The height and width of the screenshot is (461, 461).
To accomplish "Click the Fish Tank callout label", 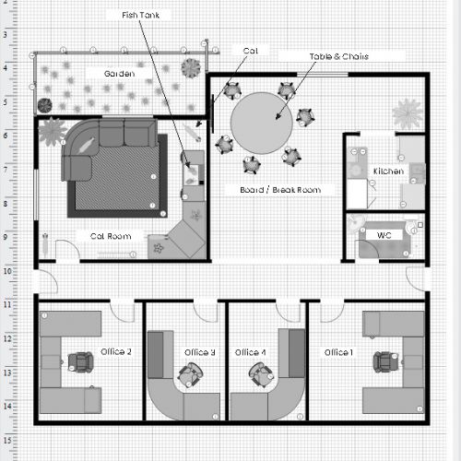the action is pos(140,15).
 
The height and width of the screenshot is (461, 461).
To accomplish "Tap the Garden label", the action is pos(119,74).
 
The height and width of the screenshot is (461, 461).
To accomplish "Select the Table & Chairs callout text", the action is pos(339,56).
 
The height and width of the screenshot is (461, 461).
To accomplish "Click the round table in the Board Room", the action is pos(262,123).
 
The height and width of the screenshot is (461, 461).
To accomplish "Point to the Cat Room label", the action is pos(111,236).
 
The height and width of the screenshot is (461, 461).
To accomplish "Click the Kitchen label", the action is pos(388,171).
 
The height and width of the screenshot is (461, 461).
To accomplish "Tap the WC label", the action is pos(384,235).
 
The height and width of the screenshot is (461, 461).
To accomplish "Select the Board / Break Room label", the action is pos(280,190).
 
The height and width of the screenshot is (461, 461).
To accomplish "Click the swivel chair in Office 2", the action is pos(80,362).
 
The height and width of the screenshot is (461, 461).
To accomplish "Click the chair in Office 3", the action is pos(191,375).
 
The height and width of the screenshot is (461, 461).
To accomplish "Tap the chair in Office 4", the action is pos(261,374).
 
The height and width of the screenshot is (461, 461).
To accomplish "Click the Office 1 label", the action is pos(338,352).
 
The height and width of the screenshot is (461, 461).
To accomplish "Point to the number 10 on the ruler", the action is pos(7,271).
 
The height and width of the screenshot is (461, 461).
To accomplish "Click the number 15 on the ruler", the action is pos(7,440).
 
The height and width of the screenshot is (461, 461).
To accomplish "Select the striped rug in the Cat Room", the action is pos(117,176).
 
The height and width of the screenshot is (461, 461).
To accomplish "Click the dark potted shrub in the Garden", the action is pos(45,105).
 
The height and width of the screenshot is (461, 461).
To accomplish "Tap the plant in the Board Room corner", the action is pos(408,113).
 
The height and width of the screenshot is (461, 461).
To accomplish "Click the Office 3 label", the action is pos(199,352).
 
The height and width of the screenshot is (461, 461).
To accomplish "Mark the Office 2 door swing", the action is pos(122,313).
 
